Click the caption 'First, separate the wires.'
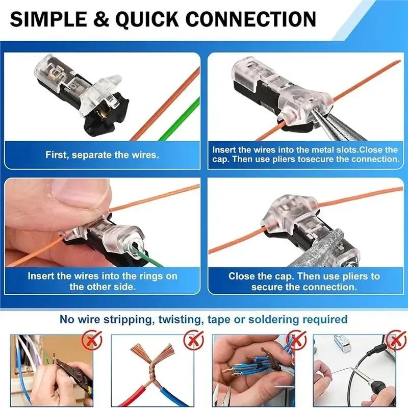pyautogui.click(x=102, y=155)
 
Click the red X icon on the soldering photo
pyautogui.click(x=393, y=339)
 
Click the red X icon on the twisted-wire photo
pyautogui.click(x=193, y=339)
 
